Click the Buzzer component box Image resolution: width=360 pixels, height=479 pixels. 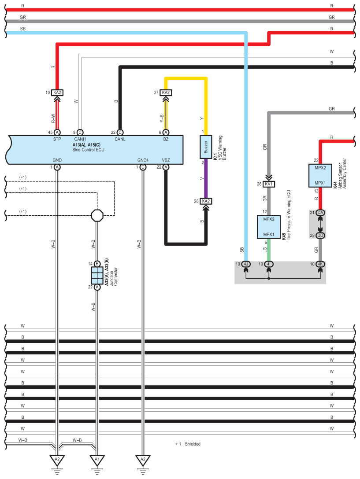tap(206, 147)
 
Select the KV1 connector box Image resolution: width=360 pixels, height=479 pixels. tap(268, 184)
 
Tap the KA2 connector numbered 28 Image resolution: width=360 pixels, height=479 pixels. tap(206, 201)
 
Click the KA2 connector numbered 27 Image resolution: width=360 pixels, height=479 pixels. tap(166, 92)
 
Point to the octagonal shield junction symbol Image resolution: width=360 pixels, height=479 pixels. tap(97, 215)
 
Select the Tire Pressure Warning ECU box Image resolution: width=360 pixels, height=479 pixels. tap(269, 227)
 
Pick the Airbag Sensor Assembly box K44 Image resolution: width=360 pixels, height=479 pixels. tap(320, 175)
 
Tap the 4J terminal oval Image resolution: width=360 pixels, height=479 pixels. tap(246, 264)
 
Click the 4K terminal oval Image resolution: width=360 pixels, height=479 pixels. tap(320, 264)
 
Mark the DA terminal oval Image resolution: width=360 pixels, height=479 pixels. tap(320, 213)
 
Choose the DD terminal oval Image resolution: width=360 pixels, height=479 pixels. tap(320, 236)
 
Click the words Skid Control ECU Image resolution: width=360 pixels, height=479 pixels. tap(89, 150)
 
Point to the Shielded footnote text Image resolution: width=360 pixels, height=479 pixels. tap(188, 444)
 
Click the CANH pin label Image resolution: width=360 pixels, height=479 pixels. tap(80, 139)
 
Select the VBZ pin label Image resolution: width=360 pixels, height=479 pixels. tap(166, 160)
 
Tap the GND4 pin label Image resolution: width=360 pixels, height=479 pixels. tap(143, 160)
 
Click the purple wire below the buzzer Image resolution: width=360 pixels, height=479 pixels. tap(206, 178)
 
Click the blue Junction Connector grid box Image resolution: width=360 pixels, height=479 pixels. tap(97, 276)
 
